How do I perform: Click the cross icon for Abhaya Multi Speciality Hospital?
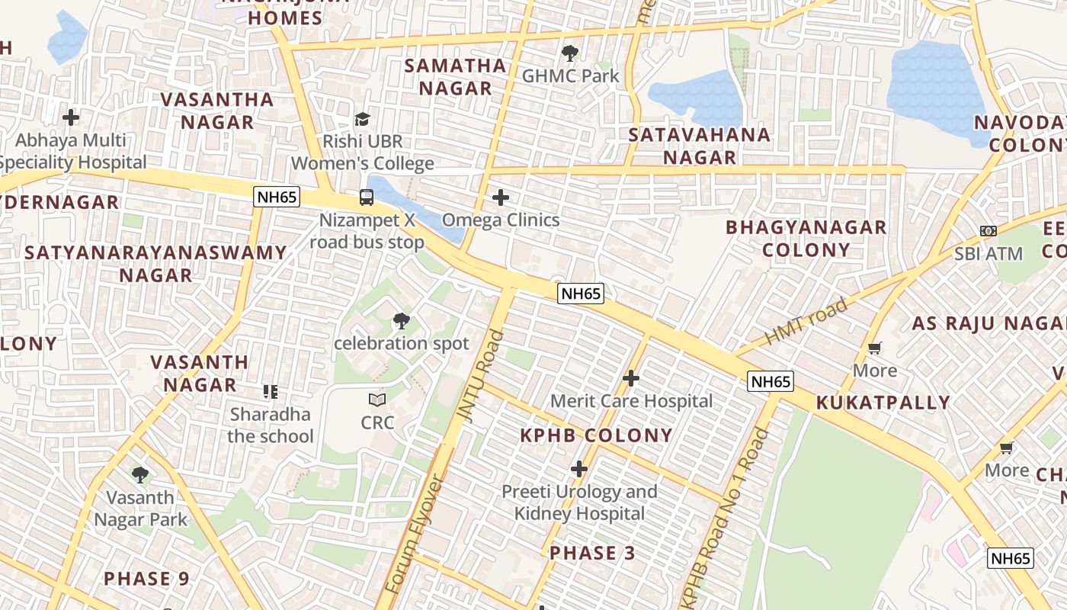point(71,117)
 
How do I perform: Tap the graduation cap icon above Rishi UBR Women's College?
point(362,119)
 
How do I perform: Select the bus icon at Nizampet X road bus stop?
point(367,197)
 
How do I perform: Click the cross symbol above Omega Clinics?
point(501,197)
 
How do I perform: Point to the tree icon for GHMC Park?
point(569,53)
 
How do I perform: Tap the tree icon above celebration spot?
point(401,321)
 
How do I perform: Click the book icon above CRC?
point(377,400)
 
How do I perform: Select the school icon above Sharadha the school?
point(271,392)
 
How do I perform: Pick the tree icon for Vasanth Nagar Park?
point(140,475)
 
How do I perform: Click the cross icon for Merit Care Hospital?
point(631,378)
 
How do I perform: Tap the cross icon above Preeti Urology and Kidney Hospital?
point(579,469)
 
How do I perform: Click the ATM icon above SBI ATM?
point(988,231)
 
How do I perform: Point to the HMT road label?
point(806,321)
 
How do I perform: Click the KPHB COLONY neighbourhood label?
point(596,435)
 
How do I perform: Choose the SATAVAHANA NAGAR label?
point(699,146)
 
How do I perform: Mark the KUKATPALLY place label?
point(883,403)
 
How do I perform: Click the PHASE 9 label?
point(146,578)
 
